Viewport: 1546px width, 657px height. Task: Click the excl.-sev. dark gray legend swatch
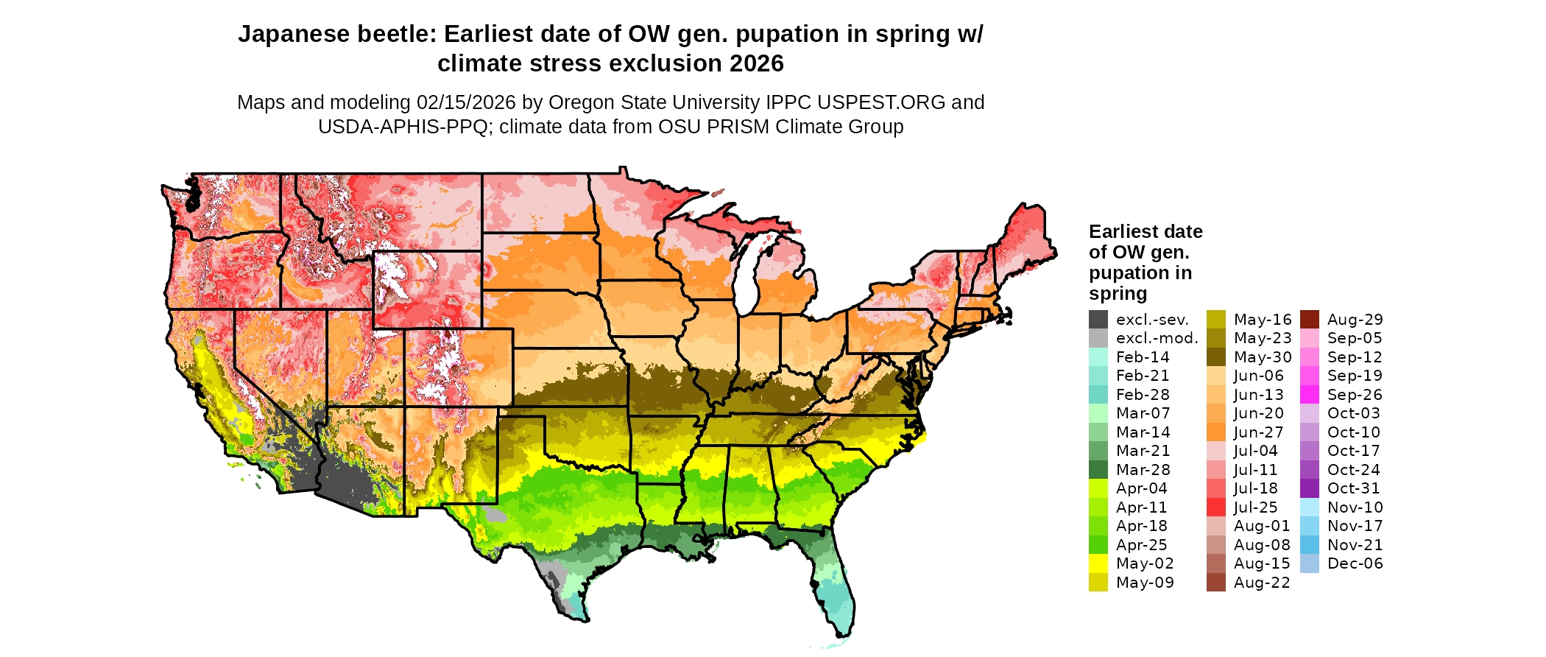pos(1098,320)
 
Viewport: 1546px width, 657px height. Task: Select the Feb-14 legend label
pos(1143,357)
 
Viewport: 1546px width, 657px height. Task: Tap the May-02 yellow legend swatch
pos(1098,563)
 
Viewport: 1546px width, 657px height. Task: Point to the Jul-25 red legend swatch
pos(1216,507)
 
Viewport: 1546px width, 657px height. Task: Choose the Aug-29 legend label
pos(1355,320)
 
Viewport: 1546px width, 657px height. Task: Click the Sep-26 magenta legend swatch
pos(1309,395)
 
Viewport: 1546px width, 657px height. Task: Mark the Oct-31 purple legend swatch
pos(1309,488)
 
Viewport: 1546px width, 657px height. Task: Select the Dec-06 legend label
pos(1355,563)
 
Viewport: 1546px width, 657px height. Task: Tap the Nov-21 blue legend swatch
pos(1309,545)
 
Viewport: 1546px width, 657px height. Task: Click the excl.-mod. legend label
pos(1157,338)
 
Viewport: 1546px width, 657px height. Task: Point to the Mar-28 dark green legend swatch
pos(1098,470)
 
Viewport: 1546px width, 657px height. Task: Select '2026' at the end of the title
pos(756,64)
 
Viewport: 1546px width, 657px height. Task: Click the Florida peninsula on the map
pos(836,589)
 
